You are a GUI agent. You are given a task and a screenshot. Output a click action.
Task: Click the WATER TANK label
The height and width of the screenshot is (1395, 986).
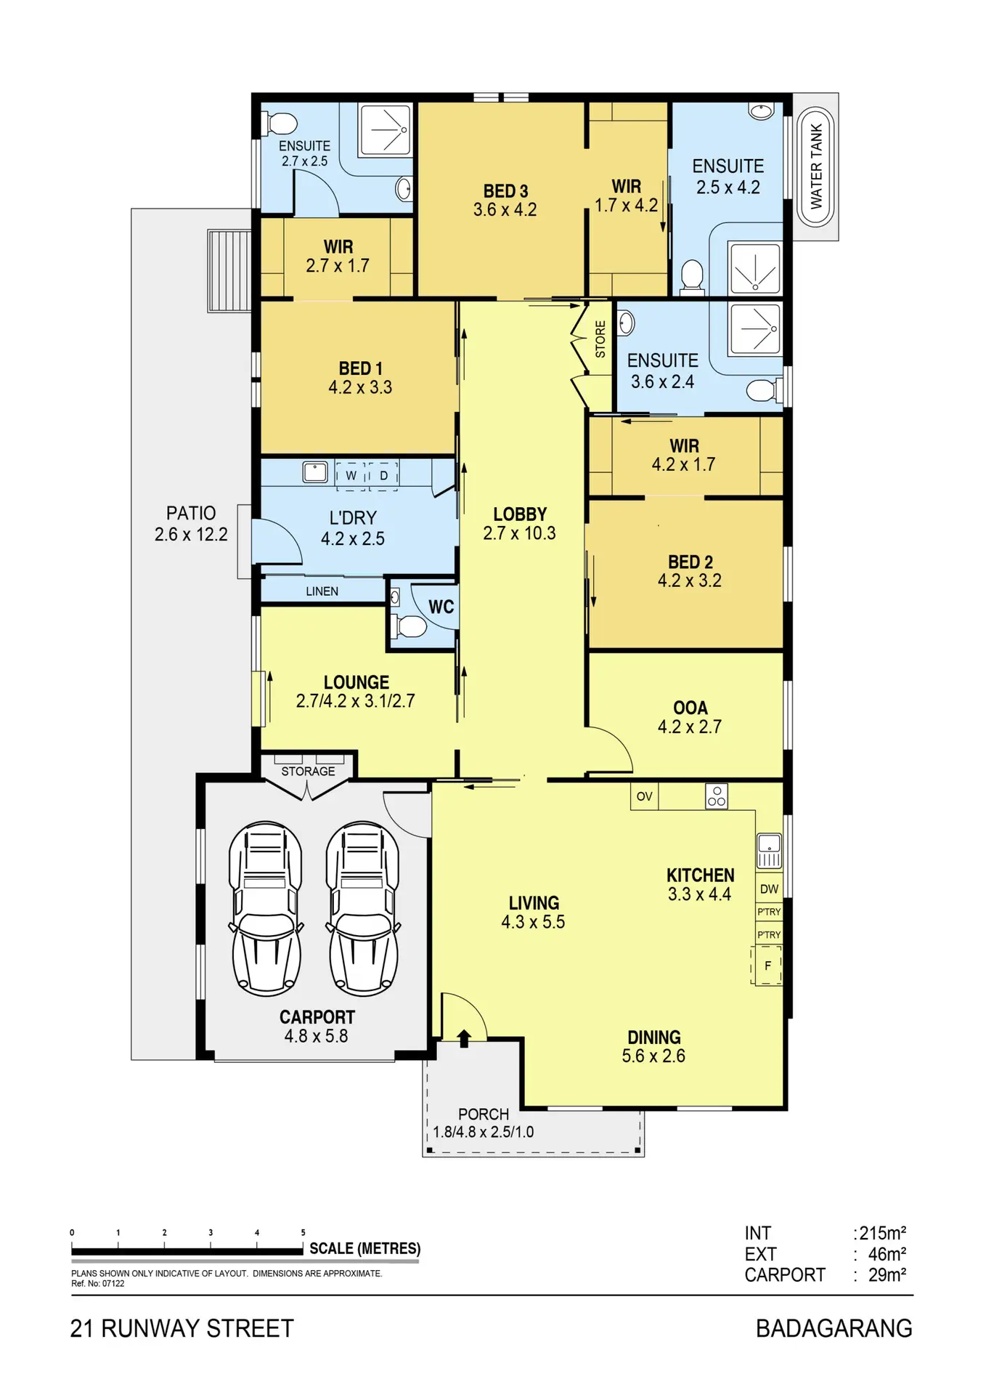click(816, 166)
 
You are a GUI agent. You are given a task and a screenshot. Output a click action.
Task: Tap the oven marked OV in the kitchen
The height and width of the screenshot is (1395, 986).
click(644, 796)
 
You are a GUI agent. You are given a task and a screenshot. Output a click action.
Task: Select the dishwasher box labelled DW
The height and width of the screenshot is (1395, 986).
click(769, 889)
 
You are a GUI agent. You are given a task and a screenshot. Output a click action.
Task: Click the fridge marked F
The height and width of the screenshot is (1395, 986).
click(767, 966)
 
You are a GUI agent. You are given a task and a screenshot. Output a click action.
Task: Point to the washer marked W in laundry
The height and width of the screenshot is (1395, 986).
click(351, 476)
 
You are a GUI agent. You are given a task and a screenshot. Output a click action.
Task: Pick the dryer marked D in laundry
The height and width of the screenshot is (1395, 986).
click(383, 476)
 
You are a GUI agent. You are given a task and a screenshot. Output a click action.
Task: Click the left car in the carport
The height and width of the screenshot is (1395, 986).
click(266, 909)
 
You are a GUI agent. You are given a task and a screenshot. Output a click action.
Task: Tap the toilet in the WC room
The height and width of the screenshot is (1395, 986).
click(409, 626)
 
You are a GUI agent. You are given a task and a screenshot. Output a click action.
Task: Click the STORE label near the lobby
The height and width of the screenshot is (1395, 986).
click(600, 339)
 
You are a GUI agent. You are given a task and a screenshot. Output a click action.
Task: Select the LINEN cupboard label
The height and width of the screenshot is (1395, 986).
click(322, 591)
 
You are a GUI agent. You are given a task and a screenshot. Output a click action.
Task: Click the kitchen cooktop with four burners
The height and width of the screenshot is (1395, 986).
click(717, 796)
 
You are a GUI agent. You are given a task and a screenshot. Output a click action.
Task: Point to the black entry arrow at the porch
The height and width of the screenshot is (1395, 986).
click(464, 1038)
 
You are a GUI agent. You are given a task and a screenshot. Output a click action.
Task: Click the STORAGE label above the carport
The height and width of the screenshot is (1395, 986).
click(308, 771)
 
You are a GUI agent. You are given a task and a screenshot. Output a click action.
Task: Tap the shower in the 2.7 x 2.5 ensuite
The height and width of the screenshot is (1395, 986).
click(386, 130)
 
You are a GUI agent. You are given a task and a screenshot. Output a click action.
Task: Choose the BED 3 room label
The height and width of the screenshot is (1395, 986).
click(505, 191)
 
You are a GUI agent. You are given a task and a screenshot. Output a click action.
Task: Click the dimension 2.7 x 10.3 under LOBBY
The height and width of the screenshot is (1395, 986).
click(519, 533)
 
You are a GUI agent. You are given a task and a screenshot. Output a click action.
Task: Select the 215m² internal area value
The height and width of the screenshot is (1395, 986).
click(882, 1233)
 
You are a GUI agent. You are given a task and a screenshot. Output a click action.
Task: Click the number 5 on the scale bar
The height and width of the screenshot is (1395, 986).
click(303, 1232)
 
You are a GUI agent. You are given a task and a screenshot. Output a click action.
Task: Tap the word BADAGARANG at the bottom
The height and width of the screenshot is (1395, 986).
click(834, 1329)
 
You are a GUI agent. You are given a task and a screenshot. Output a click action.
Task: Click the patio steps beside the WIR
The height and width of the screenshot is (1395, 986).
click(229, 270)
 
